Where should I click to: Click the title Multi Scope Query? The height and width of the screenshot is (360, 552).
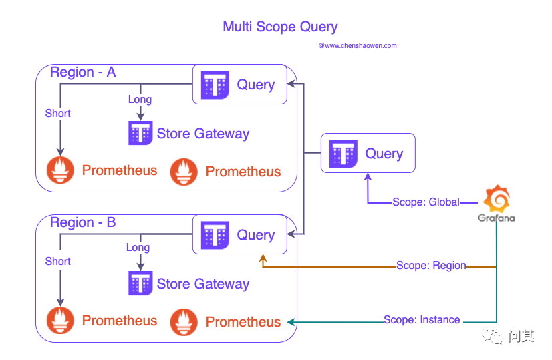(x=280, y=27)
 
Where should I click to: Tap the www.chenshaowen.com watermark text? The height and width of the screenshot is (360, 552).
(x=358, y=46)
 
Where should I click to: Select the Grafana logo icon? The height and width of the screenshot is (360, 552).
(x=497, y=200)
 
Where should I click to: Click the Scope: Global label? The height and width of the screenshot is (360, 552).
(x=426, y=202)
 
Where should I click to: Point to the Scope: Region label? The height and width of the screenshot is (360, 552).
(x=431, y=266)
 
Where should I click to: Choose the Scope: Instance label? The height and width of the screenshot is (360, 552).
(x=422, y=320)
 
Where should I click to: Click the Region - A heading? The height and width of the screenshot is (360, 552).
(x=83, y=73)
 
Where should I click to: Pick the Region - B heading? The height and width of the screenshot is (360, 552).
(x=83, y=223)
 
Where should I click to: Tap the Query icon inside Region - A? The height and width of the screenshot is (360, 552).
(x=216, y=85)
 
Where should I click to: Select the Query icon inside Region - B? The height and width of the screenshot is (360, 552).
(x=216, y=235)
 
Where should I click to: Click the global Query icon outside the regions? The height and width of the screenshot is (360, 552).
(x=344, y=154)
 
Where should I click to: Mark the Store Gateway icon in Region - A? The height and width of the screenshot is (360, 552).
(x=140, y=134)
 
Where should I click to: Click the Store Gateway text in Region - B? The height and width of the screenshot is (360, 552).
(x=203, y=284)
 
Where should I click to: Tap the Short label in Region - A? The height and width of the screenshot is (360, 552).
(x=58, y=114)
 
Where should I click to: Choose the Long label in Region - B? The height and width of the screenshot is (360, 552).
(x=138, y=248)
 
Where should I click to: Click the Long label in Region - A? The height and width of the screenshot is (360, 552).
(x=140, y=100)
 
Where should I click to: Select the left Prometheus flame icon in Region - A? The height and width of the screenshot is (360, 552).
(x=60, y=171)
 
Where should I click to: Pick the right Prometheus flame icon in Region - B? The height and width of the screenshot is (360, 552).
(x=184, y=322)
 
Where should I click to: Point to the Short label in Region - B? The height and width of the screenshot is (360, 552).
(x=58, y=262)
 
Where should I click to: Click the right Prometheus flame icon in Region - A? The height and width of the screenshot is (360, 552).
(x=184, y=172)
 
